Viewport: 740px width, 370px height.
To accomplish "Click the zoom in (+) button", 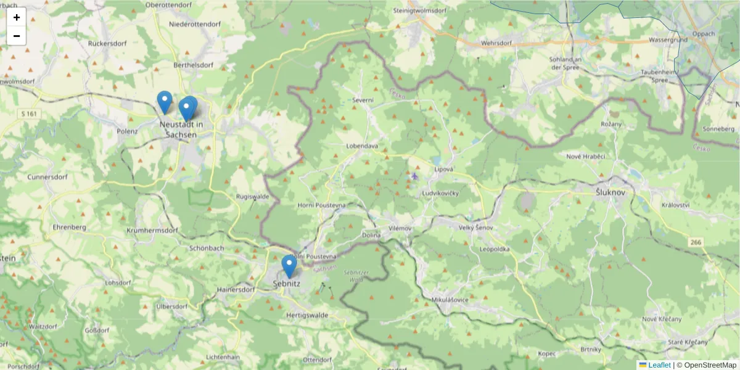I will point(17,17).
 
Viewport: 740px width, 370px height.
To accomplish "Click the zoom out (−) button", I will point(17,36).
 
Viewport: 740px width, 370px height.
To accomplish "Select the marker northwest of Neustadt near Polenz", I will point(164,102).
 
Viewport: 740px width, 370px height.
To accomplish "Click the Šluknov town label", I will point(610,192).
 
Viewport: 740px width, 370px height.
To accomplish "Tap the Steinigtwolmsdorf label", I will point(419,10).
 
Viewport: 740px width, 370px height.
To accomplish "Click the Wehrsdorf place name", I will point(496,44).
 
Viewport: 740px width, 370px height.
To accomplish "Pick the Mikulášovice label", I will point(451,300).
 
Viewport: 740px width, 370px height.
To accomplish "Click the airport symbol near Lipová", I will point(414,176).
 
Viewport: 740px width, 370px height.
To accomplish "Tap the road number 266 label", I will point(696,242).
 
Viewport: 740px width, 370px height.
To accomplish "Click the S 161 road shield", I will point(28,113).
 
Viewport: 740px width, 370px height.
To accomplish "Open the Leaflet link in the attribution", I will point(659,365).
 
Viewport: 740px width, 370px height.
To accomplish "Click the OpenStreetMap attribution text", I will point(710,365).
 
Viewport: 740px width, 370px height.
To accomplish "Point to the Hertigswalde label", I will point(307,314).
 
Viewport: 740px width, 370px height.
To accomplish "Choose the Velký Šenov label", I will point(476,228).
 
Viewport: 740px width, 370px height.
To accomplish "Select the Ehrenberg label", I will point(69,227).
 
